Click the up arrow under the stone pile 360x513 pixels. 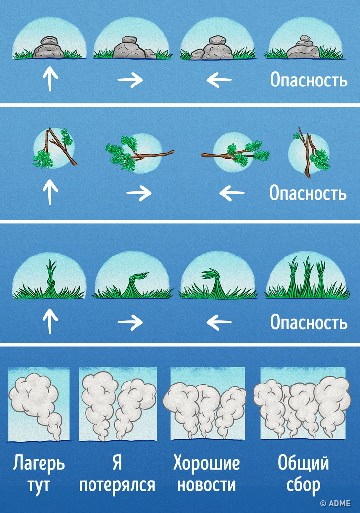click(50, 79)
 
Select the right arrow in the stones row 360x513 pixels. click(130, 80)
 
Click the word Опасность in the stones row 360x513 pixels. click(309, 80)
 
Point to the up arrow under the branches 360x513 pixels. click(50, 192)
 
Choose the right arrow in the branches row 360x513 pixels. click(139, 193)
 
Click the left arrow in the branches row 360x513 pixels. click(232, 193)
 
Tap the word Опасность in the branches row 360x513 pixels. click(308, 193)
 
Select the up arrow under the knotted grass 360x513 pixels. click(50, 322)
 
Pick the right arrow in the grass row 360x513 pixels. click(130, 322)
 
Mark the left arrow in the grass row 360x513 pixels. click(219, 322)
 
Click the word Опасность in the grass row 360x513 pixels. click(309, 323)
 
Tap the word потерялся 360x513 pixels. click(117, 485)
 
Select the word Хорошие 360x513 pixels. click(207, 463)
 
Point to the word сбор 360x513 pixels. click(304, 486)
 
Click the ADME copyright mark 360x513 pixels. click(335, 503)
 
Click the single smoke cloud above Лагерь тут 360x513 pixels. click(38, 404)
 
